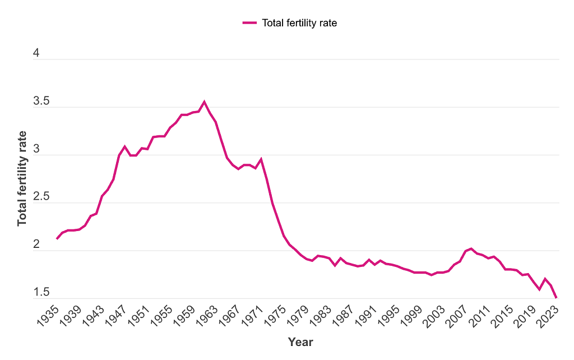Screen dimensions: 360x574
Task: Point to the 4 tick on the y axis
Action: pyautogui.click(x=36, y=54)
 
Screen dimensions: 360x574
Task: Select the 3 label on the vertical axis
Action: pyautogui.click(x=36, y=150)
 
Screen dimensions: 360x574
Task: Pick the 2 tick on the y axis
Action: pyautogui.click(x=36, y=245)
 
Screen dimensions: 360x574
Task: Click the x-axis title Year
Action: pyautogui.click(x=300, y=342)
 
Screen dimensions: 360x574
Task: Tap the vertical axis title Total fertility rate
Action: pyautogui.click(x=22, y=178)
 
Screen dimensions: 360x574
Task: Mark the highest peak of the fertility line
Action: pyautogui.click(x=204, y=102)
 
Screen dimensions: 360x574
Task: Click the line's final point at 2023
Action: pyautogui.click(x=556, y=298)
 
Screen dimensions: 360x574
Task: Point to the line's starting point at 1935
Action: pyautogui.click(x=57, y=238)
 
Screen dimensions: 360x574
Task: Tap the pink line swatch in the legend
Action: pyautogui.click(x=249, y=23)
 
